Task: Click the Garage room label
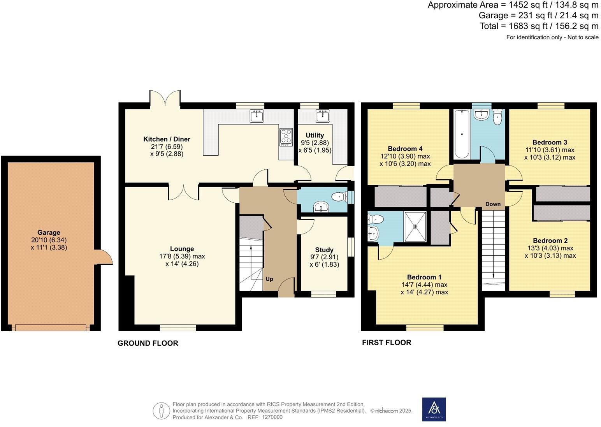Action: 49,232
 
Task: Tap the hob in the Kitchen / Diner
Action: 286,137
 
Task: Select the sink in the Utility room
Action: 322,116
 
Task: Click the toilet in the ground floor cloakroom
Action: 340,197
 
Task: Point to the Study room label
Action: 324,250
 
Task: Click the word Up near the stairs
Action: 269,279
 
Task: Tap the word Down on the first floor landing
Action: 493,204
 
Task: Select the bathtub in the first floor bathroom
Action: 462,134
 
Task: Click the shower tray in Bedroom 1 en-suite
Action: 415,227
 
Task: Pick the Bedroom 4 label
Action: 405,149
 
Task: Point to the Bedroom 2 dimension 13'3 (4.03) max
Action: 550,248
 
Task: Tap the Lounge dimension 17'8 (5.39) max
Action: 182,257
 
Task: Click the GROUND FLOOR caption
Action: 148,343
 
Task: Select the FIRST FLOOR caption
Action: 387,343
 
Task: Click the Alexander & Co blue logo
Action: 434,409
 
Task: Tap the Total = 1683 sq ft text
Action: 539,26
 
